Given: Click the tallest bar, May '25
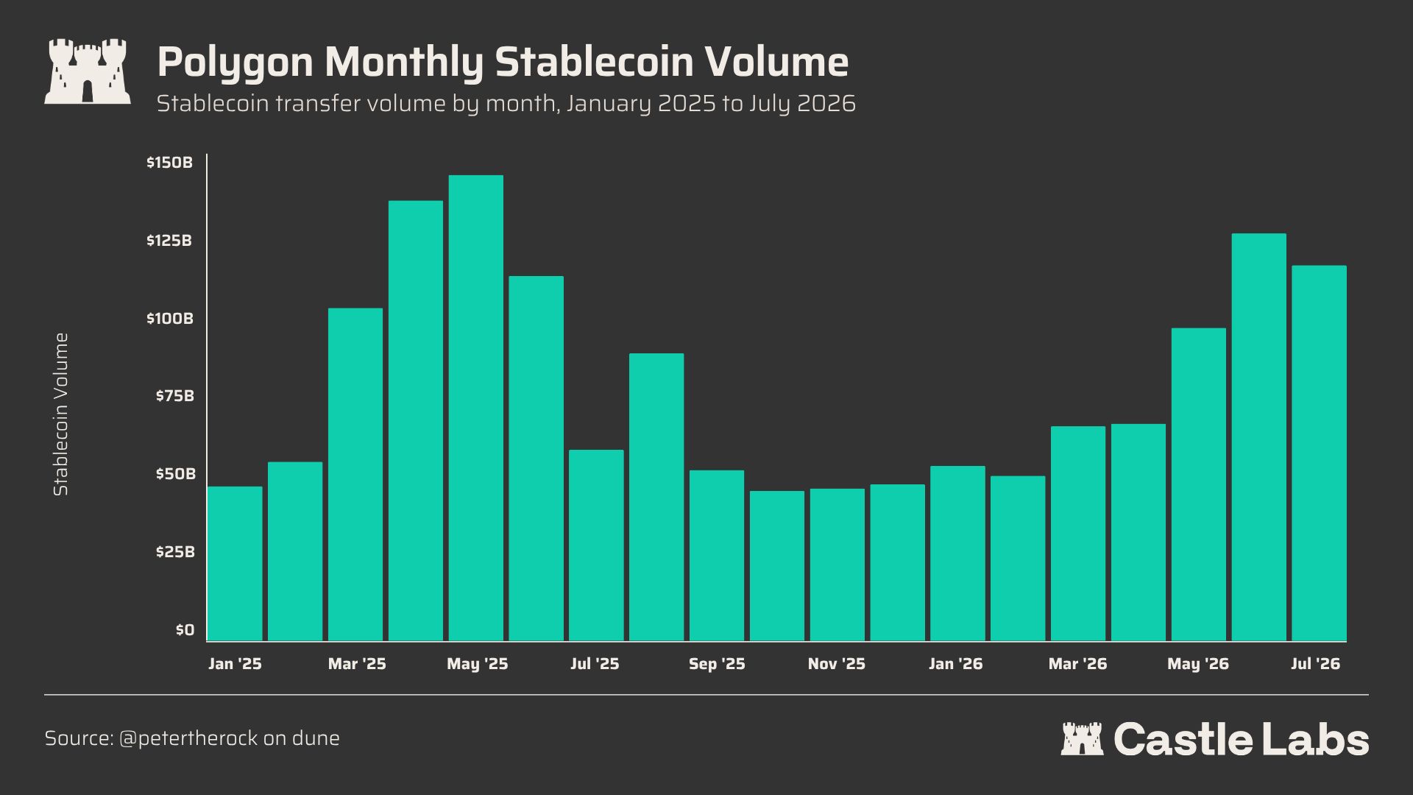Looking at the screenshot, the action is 476,408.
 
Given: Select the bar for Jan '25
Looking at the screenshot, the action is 235,564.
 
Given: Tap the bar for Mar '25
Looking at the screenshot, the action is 355,475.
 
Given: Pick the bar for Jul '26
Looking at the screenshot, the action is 1320,453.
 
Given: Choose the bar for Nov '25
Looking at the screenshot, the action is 837,565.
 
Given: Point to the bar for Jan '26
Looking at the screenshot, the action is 957,554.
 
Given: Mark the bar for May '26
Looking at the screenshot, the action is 1199,484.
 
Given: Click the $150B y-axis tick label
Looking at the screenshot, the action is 169,163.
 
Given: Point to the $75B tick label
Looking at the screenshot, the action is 174,396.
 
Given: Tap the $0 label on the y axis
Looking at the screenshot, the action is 185,630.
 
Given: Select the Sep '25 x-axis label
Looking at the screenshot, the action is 717,664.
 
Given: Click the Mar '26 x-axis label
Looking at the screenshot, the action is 1077,664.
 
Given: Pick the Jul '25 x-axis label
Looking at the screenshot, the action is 595,664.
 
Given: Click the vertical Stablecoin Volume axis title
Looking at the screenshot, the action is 61,414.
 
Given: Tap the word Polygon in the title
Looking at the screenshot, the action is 235,63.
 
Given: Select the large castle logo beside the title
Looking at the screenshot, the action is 88,71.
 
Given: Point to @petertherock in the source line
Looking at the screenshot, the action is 188,738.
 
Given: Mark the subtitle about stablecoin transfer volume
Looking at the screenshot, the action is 506,104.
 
